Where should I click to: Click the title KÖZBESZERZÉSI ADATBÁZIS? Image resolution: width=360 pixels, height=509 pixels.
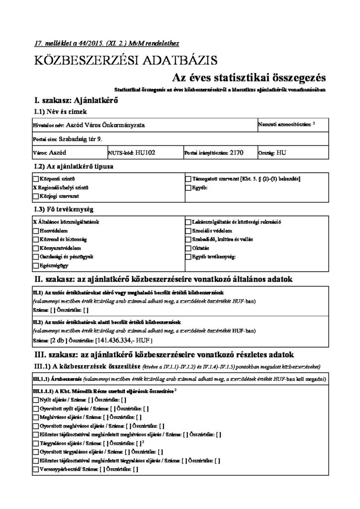[x=126, y=61]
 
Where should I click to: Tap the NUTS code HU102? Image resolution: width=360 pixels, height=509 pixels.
[x=146, y=153]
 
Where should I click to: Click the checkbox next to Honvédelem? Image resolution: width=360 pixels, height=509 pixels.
[x=35, y=231]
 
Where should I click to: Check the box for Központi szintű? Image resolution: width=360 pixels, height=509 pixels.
[x=35, y=178]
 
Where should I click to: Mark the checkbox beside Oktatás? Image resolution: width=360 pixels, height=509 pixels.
[x=188, y=248]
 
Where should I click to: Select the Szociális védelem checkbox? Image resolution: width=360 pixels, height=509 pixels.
[x=188, y=231]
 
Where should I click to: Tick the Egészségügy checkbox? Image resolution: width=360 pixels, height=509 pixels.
[x=35, y=265]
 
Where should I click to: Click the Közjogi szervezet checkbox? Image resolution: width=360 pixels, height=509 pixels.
[x=35, y=196]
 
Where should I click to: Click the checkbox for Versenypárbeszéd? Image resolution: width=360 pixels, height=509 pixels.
[x=35, y=469]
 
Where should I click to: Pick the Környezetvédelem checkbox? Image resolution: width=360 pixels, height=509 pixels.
[x=35, y=248]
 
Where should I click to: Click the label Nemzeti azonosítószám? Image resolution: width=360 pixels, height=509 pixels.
[x=283, y=123]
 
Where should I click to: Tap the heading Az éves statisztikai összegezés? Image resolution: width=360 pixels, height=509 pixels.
[x=249, y=78]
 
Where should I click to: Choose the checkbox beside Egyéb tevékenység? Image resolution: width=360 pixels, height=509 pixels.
[x=188, y=256]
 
